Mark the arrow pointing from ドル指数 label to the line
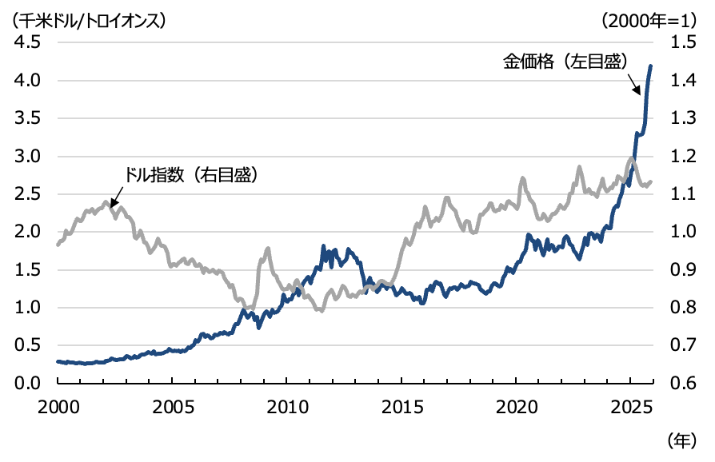tap(115, 194)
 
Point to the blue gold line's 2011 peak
tap(323, 246)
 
